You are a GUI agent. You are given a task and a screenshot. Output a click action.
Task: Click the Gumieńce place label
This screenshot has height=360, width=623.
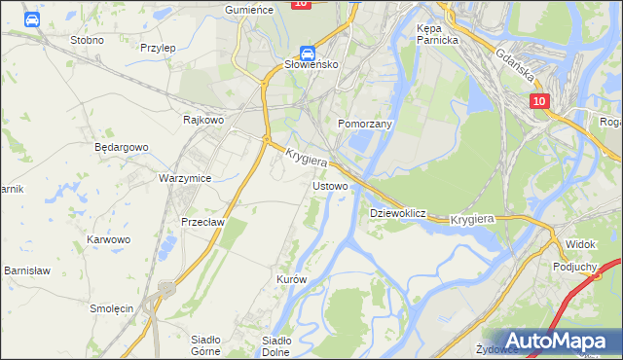246,9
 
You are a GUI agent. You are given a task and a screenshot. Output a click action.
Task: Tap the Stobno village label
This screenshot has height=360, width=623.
88,41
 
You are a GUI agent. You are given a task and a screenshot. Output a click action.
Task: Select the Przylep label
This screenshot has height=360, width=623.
157,47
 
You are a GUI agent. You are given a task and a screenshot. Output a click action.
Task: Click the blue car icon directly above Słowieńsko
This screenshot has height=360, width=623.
307,53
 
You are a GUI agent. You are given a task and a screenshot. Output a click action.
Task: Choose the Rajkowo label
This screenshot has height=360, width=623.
203,120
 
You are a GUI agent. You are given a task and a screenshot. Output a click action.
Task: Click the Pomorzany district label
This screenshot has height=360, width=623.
364,125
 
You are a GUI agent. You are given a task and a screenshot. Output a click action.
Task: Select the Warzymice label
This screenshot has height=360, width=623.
185,179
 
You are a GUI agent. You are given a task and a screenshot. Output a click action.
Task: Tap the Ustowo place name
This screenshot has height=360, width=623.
330,185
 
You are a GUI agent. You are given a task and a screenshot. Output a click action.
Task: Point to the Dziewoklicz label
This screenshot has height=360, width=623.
398,212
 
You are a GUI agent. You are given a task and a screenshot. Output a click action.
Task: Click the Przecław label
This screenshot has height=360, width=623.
203,221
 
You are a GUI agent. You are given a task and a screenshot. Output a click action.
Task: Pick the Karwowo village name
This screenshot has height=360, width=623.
108,238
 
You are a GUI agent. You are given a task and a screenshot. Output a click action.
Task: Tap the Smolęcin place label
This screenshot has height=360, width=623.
111,307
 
